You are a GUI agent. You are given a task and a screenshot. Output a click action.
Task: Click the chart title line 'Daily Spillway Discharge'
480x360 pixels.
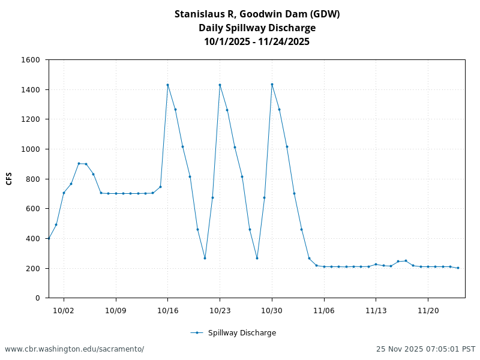point(257,28)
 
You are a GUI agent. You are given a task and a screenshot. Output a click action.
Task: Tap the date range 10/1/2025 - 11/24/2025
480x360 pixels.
point(257,41)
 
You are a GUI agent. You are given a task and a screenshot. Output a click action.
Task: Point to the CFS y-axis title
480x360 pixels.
point(9,178)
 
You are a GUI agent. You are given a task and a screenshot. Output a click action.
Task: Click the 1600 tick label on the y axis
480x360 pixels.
point(31,60)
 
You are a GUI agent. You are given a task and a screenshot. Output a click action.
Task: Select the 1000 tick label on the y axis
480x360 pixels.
point(31,149)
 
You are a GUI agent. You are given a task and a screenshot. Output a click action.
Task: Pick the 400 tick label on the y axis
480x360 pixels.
point(33,238)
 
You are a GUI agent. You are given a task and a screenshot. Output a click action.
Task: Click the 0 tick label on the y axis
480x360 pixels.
point(37,298)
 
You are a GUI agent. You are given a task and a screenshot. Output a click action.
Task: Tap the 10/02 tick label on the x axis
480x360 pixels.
point(64,310)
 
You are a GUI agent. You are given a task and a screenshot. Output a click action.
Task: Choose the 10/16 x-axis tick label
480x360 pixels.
point(167,310)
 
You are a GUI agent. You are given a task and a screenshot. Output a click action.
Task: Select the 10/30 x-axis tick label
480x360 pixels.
point(272,310)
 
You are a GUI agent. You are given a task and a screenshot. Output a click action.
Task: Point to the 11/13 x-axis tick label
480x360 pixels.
point(376,310)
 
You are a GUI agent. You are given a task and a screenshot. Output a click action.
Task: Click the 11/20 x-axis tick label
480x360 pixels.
point(428,310)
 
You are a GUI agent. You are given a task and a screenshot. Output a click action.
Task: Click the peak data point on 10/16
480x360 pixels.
point(167,85)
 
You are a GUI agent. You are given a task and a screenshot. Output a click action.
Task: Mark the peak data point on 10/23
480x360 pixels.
point(220,85)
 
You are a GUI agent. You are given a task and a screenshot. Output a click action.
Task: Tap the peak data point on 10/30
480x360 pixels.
point(272,84)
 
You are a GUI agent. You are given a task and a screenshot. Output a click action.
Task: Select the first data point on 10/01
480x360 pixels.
point(49,238)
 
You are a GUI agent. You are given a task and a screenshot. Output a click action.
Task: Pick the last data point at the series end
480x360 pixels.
point(458,268)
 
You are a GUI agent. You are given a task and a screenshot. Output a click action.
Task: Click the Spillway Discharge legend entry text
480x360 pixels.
point(242,333)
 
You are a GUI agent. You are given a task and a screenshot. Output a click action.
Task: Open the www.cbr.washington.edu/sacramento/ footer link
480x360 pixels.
point(74,349)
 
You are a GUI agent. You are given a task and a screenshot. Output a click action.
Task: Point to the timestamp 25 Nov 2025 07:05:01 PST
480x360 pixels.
point(425,349)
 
